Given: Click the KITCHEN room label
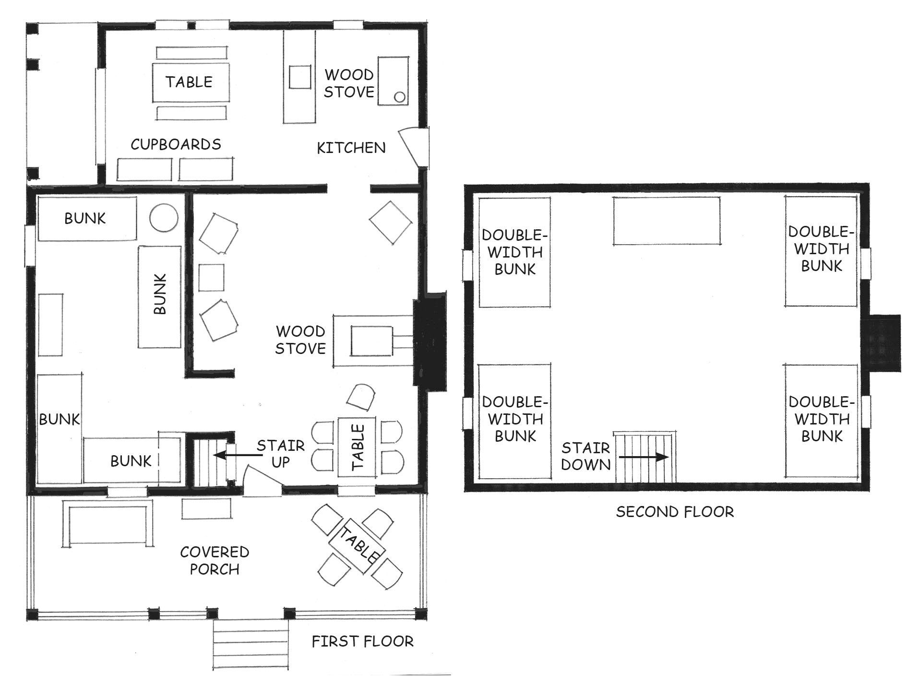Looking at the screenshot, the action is (x=351, y=148).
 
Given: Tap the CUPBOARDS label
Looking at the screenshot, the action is (x=176, y=144).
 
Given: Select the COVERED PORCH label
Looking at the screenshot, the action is (x=215, y=560).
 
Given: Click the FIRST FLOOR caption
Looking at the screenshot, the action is (x=362, y=641).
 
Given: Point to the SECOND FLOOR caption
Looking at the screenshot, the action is (x=675, y=512).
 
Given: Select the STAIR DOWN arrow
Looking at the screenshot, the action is (x=644, y=457).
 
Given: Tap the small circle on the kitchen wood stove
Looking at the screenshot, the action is (x=399, y=98).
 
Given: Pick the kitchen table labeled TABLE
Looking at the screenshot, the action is (x=191, y=82).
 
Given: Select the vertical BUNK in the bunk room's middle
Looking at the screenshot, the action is (x=160, y=297).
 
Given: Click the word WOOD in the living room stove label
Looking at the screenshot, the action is (x=300, y=331).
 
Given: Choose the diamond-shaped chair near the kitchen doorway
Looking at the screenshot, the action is (x=390, y=223).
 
